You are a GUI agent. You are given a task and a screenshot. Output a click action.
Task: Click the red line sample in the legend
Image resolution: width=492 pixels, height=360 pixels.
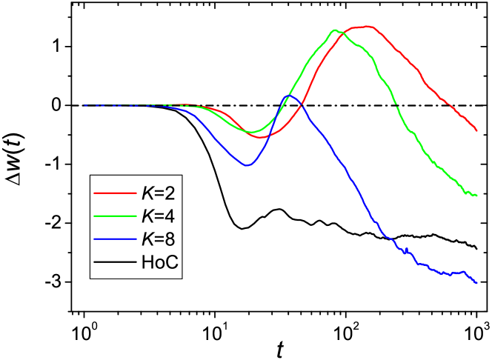[113, 193]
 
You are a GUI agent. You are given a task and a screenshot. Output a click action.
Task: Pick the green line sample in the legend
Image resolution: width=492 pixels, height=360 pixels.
[113, 216]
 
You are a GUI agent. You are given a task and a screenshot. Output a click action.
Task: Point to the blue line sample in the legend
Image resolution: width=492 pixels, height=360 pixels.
[113, 239]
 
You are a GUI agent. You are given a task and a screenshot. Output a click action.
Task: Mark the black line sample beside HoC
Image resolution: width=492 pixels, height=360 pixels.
[113, 262]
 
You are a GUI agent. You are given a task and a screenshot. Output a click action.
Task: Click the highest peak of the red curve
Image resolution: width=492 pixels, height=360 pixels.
[366, 26]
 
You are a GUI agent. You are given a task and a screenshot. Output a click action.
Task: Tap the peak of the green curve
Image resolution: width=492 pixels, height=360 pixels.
[335, 30]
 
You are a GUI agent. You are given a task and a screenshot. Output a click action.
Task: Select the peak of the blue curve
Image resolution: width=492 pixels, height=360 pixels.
[290, 96]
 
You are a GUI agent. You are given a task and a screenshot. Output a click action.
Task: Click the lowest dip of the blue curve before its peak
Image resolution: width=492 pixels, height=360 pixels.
[247, 165]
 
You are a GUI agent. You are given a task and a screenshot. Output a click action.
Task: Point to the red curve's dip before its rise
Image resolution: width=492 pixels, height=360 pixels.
[262, 137]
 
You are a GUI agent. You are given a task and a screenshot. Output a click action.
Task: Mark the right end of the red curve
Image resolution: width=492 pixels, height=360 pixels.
[476, 130]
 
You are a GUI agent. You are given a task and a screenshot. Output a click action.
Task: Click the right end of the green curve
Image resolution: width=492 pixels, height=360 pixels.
[476, 195]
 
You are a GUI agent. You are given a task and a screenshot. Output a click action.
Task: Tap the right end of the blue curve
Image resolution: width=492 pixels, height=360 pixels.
[476, 282]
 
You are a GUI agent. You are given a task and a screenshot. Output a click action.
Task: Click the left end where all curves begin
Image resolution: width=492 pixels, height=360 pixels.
[84, 105]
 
